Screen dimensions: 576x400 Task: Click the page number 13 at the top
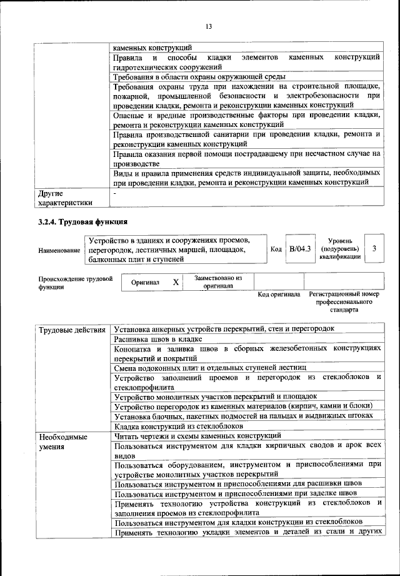[x=209, y=26]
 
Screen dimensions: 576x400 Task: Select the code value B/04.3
[x=300, y=249]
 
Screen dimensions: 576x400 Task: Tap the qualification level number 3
[x=374, y=249]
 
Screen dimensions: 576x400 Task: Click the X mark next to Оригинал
[x=176, y=282]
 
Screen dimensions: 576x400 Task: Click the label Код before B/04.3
[x=276, y=249]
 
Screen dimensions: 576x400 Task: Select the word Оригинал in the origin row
[x=145, y=283]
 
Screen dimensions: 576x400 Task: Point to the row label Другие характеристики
[x=65, y=198]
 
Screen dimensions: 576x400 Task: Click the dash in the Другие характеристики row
[x=115, y=194]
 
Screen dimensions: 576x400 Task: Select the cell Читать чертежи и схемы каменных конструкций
[x=197, y=435]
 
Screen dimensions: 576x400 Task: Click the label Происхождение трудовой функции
[x=75, y=283]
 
